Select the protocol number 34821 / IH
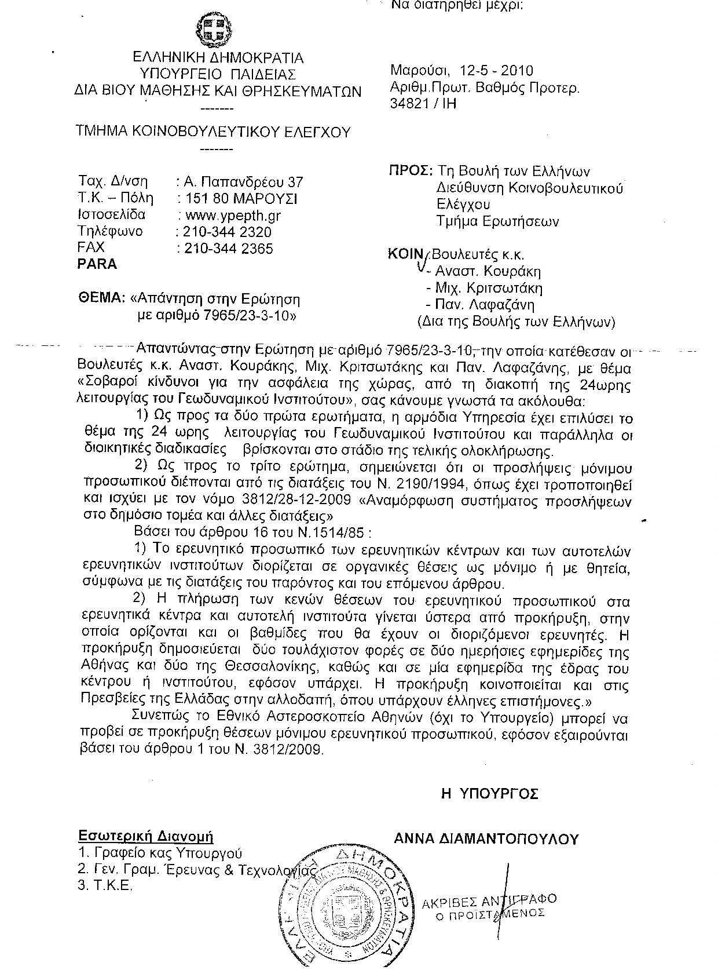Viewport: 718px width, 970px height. [424, 104]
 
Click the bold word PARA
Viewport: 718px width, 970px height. [97, 264]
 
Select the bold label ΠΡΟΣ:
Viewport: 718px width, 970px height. [411, 172]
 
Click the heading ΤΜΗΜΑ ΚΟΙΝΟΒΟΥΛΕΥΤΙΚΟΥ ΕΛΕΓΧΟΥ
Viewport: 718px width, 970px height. [214, 132]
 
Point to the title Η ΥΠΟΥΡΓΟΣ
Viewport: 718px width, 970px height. [490, 793]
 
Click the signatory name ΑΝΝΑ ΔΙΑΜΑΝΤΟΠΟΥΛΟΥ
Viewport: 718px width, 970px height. [486, 839]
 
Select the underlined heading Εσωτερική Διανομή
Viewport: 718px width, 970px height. [146, 837]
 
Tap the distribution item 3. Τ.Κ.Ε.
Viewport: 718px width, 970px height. [105, 886]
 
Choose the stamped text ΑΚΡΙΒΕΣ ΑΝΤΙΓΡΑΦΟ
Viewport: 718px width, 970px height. [489, 901]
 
